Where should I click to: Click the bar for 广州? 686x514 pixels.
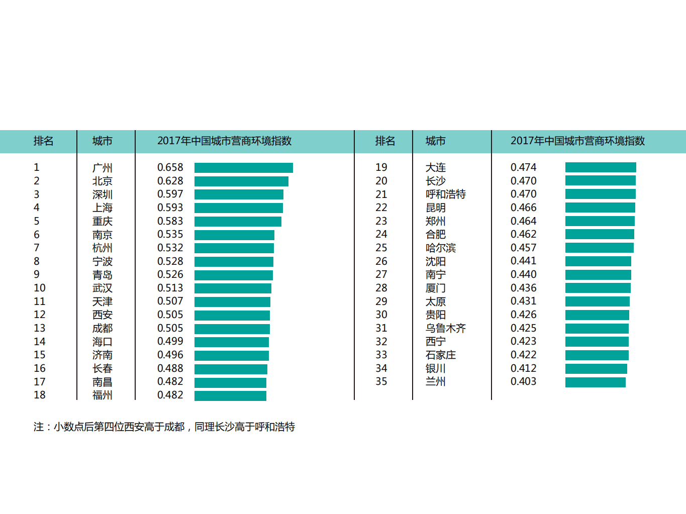point(243,168)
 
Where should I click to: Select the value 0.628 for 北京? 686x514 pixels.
point(170,181)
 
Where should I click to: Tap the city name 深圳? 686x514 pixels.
point(102,194)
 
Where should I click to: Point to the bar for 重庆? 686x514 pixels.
point(238,222)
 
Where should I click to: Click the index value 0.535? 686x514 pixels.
point(170,235)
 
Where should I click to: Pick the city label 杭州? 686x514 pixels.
point(102,248)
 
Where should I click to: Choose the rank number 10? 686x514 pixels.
point(40,288)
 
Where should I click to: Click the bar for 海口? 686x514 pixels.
point(231,342)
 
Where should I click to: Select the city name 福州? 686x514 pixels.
point(102,395)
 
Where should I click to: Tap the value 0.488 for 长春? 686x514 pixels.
point(170,368)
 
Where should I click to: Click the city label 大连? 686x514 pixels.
point(435,167)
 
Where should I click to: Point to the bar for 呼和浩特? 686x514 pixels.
point(600,194)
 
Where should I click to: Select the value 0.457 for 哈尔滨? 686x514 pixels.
point(523,248)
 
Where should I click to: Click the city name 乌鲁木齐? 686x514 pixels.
point(445,328)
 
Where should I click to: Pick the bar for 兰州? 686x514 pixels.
point(595,382)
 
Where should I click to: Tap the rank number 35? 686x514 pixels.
point(381,381)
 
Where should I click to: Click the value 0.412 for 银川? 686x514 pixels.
point(523,368)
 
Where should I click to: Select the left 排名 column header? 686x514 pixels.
point(43,141)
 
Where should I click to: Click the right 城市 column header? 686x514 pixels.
point(435,141)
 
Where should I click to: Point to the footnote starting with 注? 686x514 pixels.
point(164,427)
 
